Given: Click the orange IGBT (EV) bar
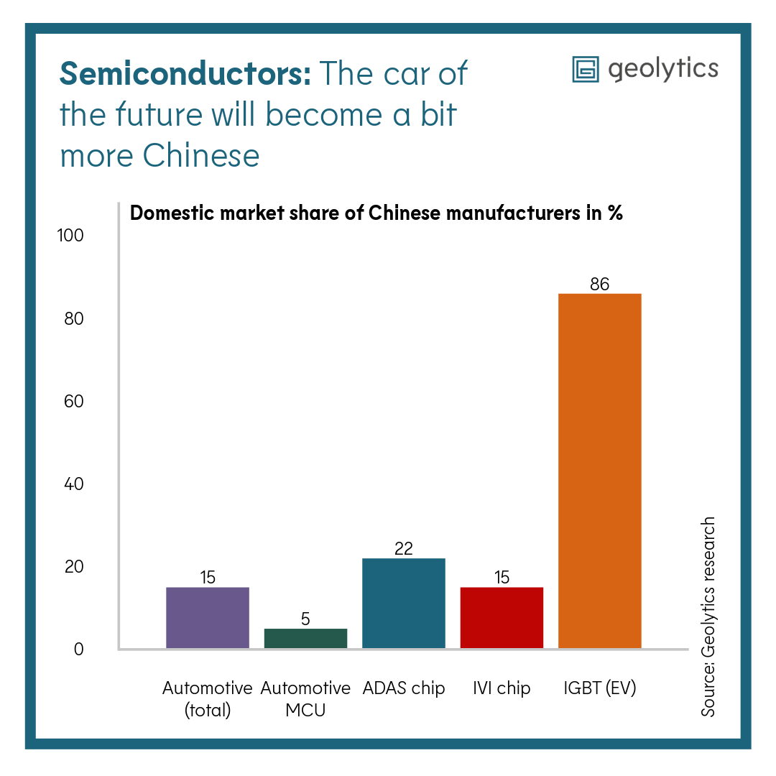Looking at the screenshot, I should click(599, 471).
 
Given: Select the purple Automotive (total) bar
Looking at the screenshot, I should click(208, 618).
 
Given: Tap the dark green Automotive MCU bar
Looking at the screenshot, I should click(305, 638).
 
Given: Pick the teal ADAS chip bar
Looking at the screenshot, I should click(403, 604).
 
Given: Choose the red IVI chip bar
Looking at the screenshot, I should click(502, 618).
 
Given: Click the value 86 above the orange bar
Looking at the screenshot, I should click(599, 285).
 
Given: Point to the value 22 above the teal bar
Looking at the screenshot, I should click(403, 549).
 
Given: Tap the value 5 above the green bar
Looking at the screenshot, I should click(305, 619).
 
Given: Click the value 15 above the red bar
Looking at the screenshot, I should click(502, 577).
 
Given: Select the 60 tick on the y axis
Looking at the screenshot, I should click(73, 401).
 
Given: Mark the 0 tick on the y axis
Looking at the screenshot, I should click(78, 649).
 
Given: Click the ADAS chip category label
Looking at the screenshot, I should click(403, 688).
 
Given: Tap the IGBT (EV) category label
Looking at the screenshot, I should click(599, 688).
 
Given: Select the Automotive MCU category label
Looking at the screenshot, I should click(305, 699).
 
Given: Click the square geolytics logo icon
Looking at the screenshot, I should click(585, 69).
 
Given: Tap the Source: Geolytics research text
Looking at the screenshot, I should click(708, 616).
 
